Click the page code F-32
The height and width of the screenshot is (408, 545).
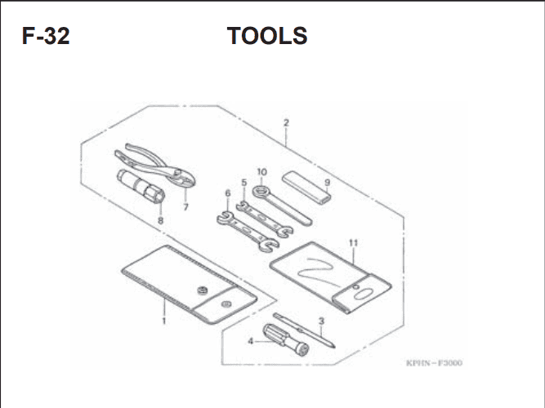tap(46, 36)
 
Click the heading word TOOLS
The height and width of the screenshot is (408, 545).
tap(267, 36)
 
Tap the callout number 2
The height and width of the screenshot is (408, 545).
tap(286, 122)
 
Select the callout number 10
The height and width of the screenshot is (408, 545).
tap(262, 172)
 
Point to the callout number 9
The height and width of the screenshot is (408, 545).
tap(327, 182)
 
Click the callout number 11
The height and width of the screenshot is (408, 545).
tap(353, 242)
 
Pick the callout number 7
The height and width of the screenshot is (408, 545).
tap(185, 207)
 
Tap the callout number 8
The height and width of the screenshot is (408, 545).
tap(160, 220)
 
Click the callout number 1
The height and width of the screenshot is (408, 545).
tap(164, 321)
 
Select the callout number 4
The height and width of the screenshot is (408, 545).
tap(251, 341)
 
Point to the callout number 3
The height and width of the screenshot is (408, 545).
tap(321, 322)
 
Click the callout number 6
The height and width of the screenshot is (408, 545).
tap(228, 193)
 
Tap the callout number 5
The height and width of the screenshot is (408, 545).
tap(244, 183)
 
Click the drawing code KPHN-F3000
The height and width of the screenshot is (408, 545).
tap(434, 363)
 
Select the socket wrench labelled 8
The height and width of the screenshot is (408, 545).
tap(141, 186)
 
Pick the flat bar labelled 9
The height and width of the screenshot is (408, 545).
tap(306, 187)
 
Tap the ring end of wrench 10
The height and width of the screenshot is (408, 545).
tap(260, 191)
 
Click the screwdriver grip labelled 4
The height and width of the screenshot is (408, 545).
tap(285, 339)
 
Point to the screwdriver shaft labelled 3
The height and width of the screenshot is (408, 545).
tap(304, 330)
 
